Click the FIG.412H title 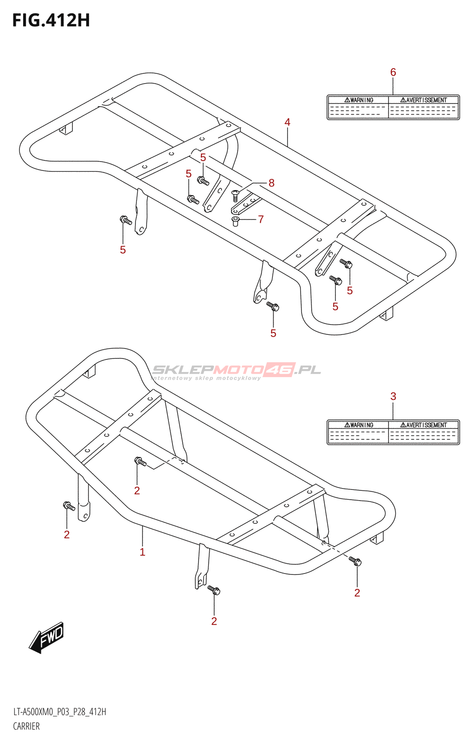coord(51,21)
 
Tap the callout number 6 coord(393,72)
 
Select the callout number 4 coord(287,122)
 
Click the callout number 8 coord(271,183)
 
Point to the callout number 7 coord(261,219)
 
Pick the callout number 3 coord(393,397)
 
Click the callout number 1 coord(142,552)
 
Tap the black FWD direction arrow coord(46,638)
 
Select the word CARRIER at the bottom coord(26,726)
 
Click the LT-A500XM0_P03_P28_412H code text coord(60,712)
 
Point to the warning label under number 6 coord(393,107)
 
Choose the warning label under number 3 coord(393,432)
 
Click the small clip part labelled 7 coord(236,221)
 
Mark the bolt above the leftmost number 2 coord(69,506)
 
